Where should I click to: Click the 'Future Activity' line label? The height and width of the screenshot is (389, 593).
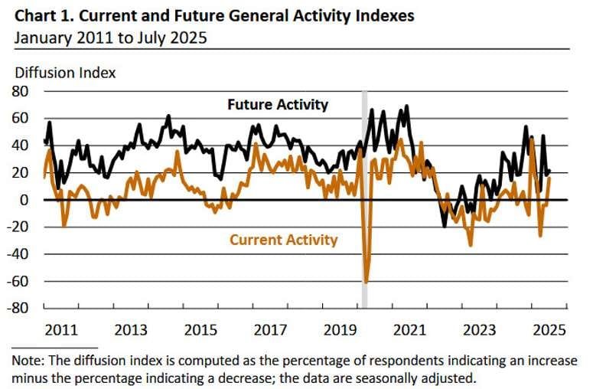(x=278, y=105)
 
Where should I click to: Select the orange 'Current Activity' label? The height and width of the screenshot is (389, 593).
(x=283, y=240)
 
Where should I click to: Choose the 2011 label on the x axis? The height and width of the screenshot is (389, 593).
(x=61, y=330)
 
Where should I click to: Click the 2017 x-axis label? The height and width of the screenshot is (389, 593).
(x=270, y=330)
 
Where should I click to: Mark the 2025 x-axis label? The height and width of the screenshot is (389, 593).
(x=549, y=330)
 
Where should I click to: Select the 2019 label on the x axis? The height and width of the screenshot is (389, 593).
(x=340, y=330)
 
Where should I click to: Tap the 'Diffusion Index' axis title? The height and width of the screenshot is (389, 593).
(x=66, y=73)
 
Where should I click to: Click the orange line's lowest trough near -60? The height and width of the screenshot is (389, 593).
(x=367, y=281)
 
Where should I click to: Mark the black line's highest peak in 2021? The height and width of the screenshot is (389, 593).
(x=406, y=106)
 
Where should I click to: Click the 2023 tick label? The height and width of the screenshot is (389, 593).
(x=480, y=330)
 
